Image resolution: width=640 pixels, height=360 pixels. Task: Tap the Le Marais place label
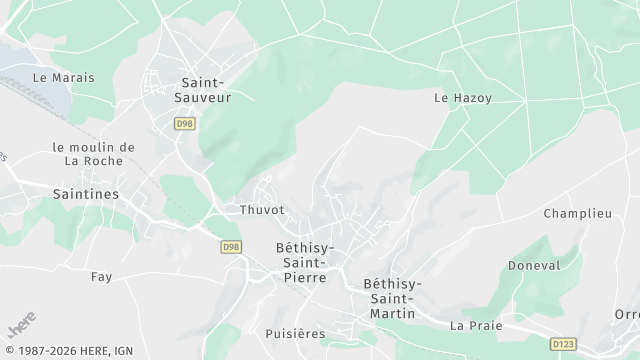pos(55,76)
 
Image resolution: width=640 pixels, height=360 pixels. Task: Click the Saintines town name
pos(86,193)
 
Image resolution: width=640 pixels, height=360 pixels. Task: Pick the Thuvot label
pos(262,210)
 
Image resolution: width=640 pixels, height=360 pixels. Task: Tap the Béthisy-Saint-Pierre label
pos(305,262)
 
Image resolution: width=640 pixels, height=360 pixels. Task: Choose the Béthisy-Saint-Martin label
pos(393,299)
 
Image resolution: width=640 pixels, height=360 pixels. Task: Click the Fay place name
pos(101,276)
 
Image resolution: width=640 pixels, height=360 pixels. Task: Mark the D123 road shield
pos(563,344)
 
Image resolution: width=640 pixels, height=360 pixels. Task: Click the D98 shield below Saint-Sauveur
pos(183,123)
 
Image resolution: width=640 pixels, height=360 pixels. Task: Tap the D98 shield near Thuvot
pos(231,246)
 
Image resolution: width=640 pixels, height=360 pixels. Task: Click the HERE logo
pos(19,327)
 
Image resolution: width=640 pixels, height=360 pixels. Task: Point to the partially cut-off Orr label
pos(627,314)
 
